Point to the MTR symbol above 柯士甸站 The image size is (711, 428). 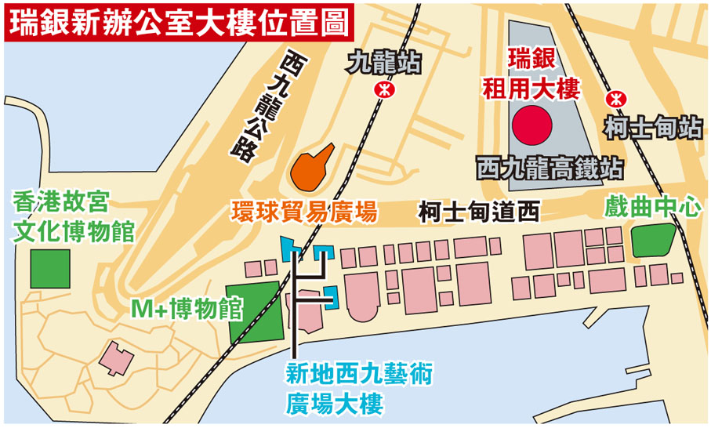(616, 99)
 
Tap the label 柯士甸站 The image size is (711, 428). (653, 127)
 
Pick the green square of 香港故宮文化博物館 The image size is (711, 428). (50, 267)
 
